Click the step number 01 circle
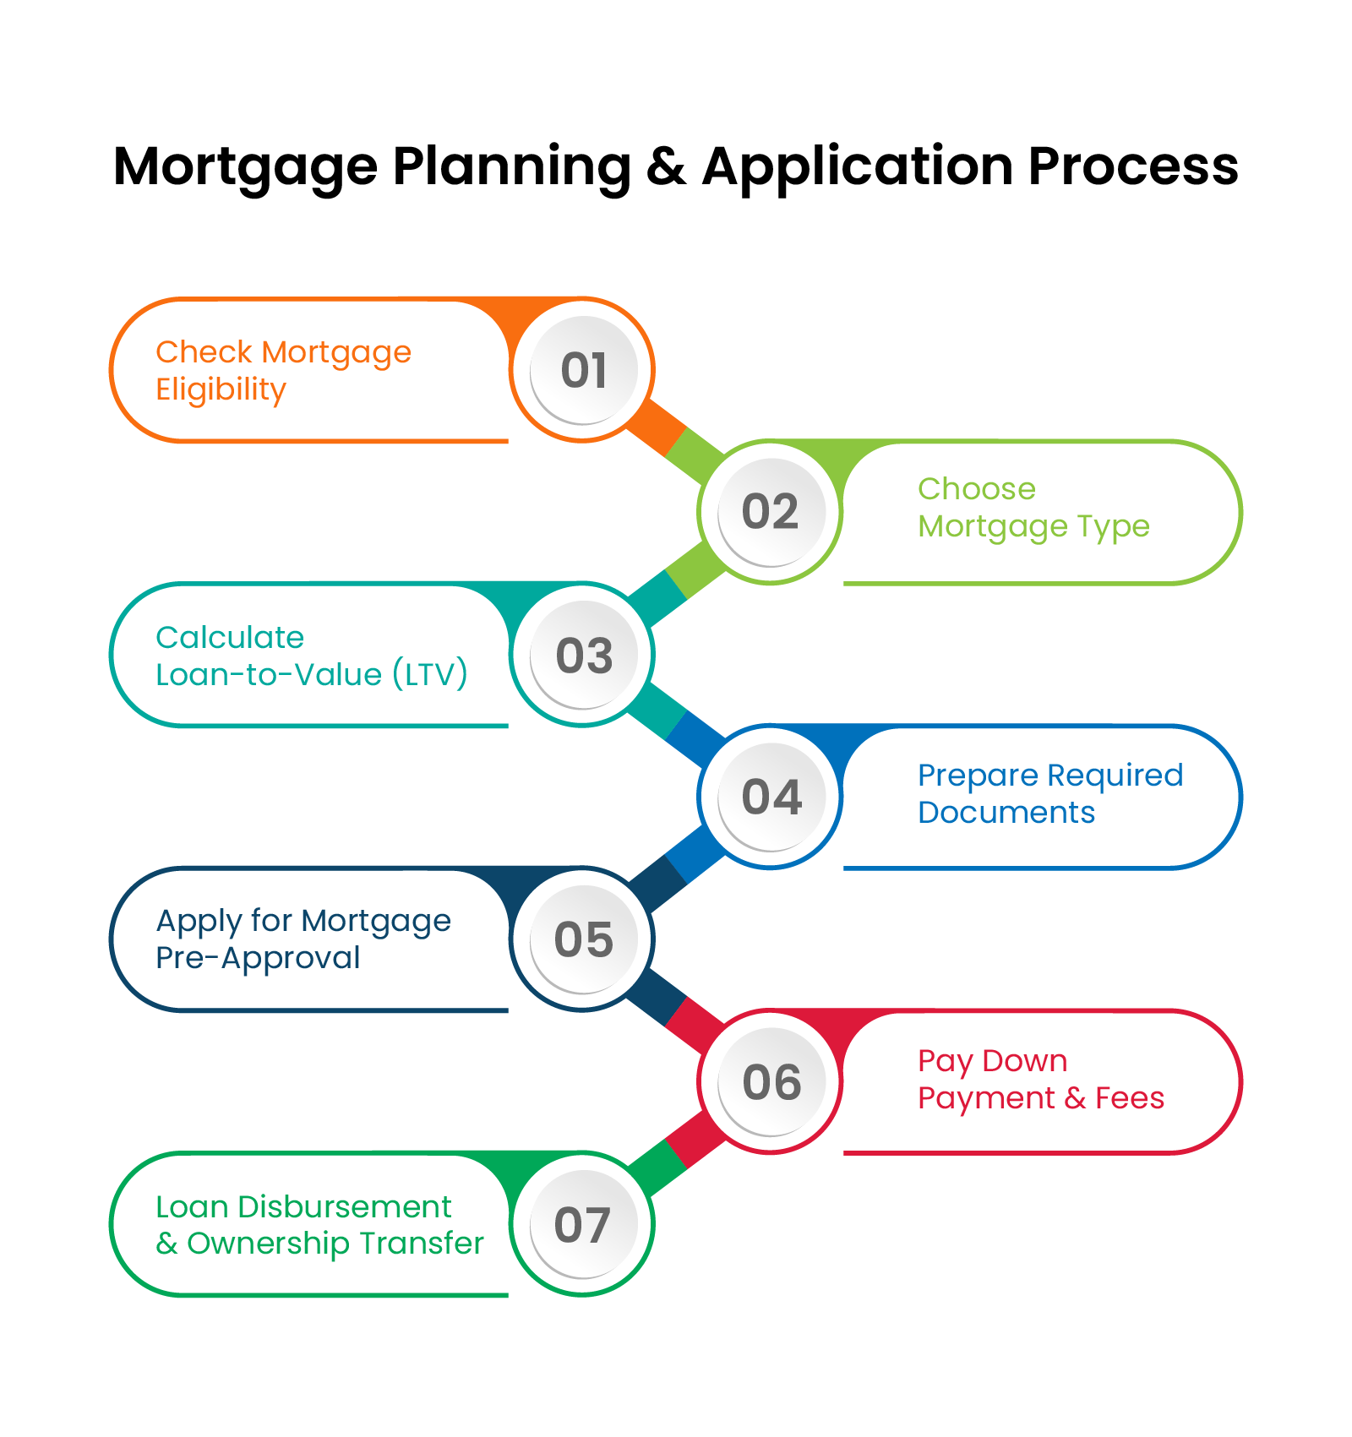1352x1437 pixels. [x=583, y=370]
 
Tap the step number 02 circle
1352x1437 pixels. [x=771, y=512]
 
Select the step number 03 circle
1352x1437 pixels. [x=583, y=655]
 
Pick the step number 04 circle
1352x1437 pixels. [x=771, y=797]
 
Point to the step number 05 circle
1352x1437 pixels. [x=583, y=939]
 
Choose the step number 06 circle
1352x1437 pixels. [x=771, y=1081]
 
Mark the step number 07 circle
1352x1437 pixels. [x=583, y=1224]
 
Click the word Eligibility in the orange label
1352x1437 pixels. [x=221, y=389]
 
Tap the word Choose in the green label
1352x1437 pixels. [x=976, y=489]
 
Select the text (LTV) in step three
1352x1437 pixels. [x=429, y=674]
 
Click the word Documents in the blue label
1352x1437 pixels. [x=1006, y=813]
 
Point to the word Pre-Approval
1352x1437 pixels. [x=258, y=958]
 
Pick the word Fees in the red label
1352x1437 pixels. [x=1129, y=1098]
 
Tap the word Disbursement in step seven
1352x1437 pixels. [x=344, y=1206]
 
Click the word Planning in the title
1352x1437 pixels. [x=511, y=166]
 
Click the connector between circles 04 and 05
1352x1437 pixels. [x=676, y=869]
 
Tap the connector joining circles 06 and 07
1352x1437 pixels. [x=676, y=1154]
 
